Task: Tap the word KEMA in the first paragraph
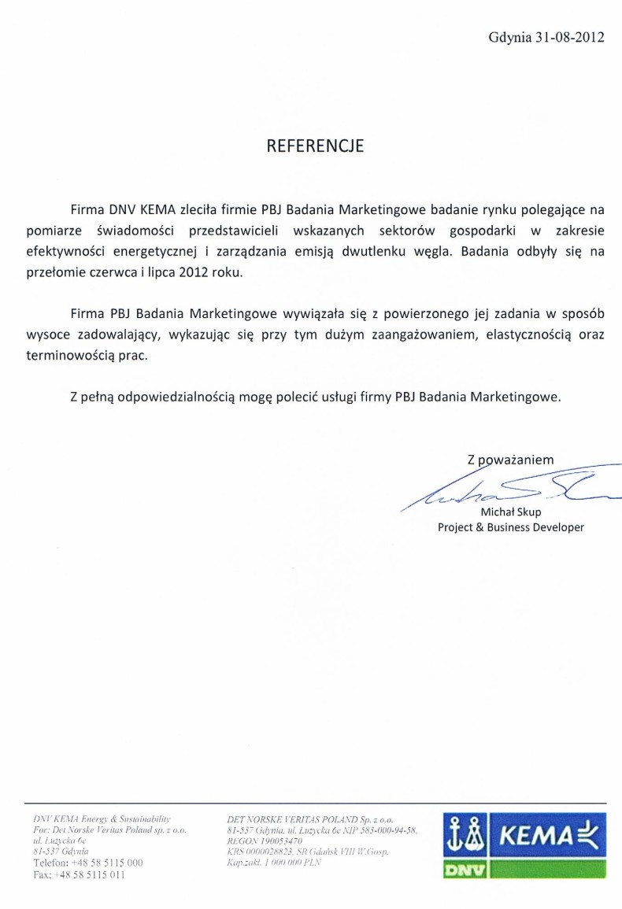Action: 158,211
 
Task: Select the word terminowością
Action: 109,355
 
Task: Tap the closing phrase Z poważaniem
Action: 510,460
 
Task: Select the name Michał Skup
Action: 511,512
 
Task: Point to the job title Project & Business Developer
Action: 511,527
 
